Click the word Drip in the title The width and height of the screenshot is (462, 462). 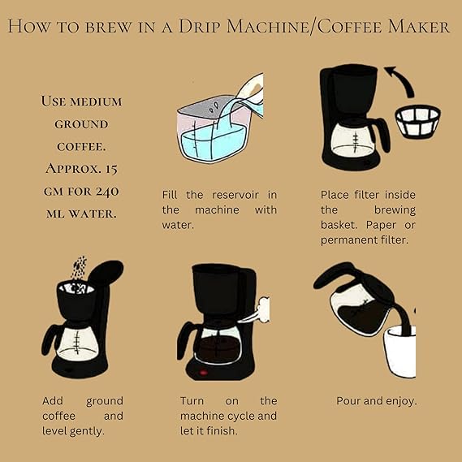click(200, 27)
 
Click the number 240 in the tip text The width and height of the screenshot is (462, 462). click(107, 192)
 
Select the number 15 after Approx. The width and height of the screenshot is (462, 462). click(112, 169)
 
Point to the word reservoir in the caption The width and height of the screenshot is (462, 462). click(235, 195)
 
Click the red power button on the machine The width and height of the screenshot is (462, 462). click(203, 373)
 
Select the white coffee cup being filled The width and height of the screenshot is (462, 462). click(400, 352)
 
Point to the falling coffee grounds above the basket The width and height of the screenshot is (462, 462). click(80, 267)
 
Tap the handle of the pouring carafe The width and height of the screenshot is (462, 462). click(333, 274)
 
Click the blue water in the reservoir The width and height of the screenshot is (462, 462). click(213, 142)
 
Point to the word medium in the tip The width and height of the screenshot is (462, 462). click(96, 102)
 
